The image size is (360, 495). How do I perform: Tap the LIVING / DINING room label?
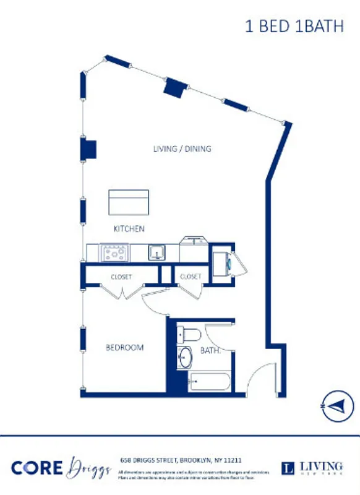tap(182, 148)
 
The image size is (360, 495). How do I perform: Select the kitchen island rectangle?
tap(129, 202)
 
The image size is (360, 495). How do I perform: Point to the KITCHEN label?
tap(129, 229)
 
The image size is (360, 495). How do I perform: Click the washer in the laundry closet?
tap(221, 260)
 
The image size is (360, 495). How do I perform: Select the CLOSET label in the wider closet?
tap(121, 277)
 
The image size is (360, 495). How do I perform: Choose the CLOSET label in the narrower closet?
tap(191, 277)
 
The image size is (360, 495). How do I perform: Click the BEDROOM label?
tap(124, 348)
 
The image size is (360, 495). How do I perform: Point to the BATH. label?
tap(210, 351)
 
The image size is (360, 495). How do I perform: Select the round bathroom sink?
tap(185, 358)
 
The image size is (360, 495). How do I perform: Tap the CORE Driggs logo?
tap(56, 467)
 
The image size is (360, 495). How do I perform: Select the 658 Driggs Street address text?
tap(180, 460)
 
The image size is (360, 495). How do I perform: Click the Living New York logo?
tap(311, 468)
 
